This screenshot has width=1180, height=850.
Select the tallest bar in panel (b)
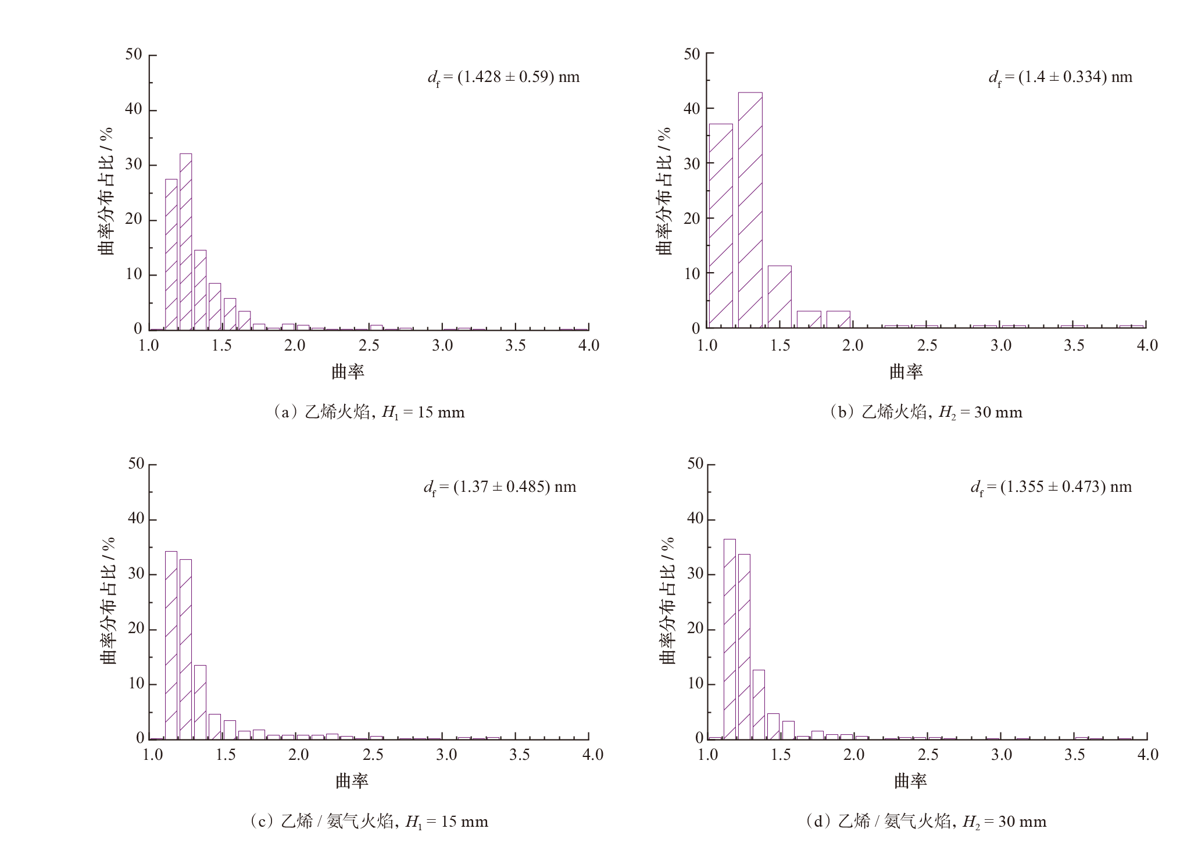(750, 210)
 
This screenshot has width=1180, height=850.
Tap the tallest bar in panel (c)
(171, 645)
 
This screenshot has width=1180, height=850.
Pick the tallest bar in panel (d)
(729, 639)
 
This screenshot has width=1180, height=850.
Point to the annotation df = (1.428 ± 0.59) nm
(503, 77)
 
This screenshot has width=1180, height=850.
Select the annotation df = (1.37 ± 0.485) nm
(499, 487)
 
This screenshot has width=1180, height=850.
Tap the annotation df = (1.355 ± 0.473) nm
(1051, 487)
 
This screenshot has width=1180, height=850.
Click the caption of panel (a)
(369, 412)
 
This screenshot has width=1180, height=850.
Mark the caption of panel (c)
(369, 822)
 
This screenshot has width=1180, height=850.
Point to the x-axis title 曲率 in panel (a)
(348, 372)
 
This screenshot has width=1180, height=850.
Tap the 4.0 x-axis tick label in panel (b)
(1147, 345)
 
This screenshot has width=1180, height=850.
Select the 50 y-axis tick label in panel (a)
(133, 55)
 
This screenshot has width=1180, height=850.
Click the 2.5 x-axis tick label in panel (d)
(928, 755)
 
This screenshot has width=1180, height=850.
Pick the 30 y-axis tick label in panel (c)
(135, 574)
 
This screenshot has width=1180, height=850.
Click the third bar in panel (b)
(779, 297)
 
